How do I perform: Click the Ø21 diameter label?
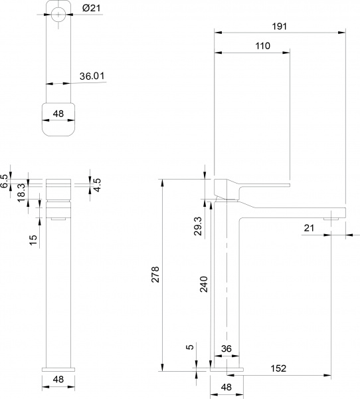click(90, 8)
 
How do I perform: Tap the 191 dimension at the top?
click(280, 26)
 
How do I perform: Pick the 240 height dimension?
click(204, 285)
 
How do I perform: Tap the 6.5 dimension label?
click(5, 181)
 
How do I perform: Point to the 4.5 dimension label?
click(97, 184)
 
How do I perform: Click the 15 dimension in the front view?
click(33, 239)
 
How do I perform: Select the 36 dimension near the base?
click(226, 348)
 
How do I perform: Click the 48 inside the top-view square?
click(58, 114)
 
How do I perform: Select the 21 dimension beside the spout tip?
click(308, 227)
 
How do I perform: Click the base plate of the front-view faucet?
click(58, 367)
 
